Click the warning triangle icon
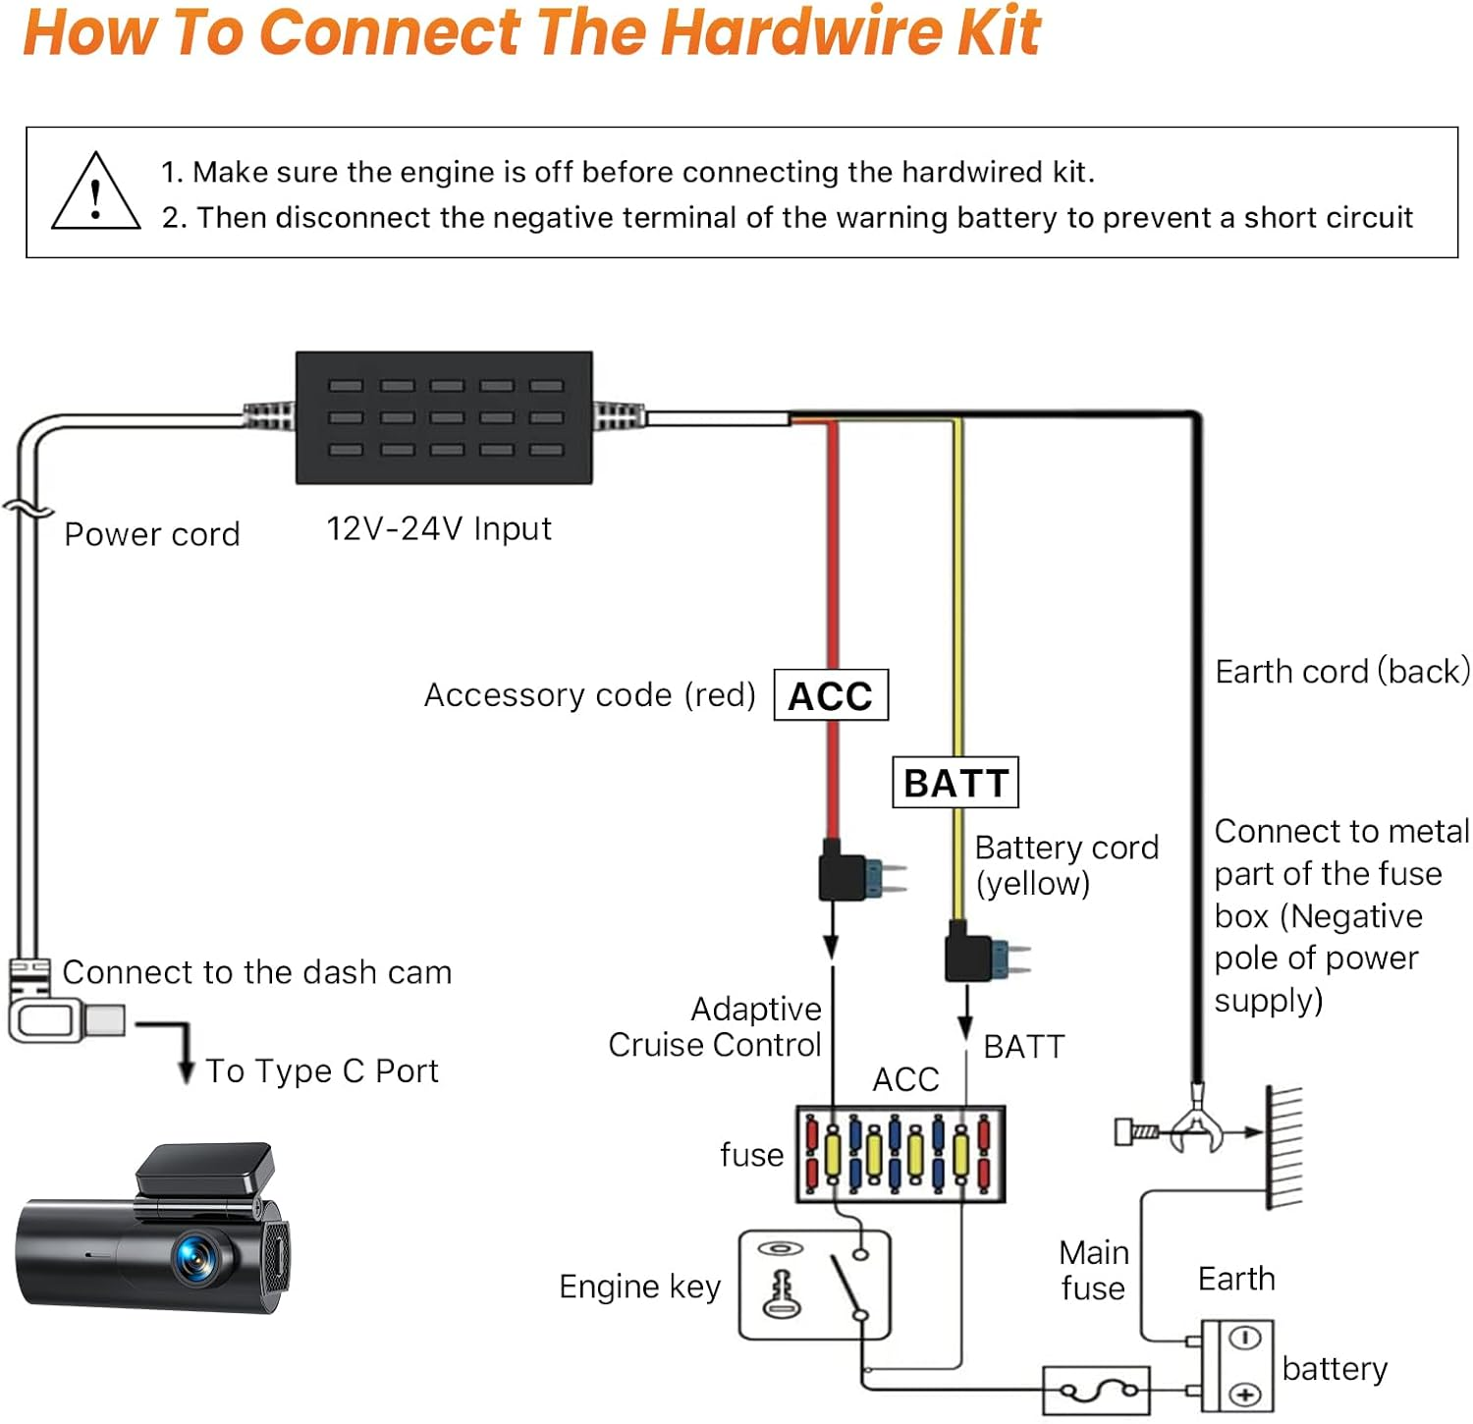[95, 193]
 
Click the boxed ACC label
[831, 695]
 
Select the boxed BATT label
[955, 783]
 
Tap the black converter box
[444, 417]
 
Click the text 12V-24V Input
[439, 529]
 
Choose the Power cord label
[152, 534]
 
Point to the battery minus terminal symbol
[1245, 1339]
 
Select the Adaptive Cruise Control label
[715, 1027]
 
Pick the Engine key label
[640, 1287]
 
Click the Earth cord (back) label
[1342, 672]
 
